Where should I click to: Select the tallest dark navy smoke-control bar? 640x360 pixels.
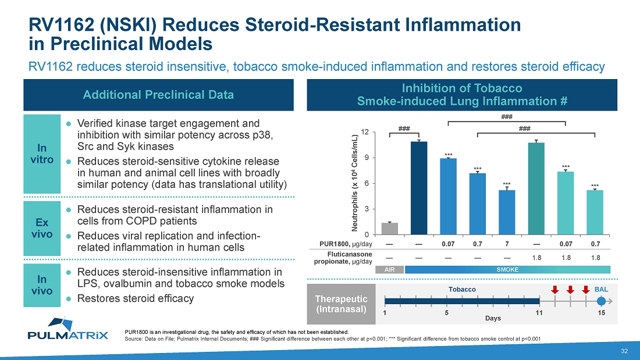pos(419,187)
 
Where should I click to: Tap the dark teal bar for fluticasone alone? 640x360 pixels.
pos(536,188)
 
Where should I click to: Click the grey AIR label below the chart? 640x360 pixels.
pos(389,270)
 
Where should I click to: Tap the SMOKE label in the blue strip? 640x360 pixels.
pos(507,270)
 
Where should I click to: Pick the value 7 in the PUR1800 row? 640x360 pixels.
pos(507,243)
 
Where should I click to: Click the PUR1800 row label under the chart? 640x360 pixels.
pos(348,243)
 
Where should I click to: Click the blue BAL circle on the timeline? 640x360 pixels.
pos(602,301)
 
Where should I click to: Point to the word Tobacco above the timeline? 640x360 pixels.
pos(463,289)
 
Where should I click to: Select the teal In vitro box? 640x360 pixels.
pos(42,154)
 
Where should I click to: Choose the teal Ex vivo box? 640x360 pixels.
pos(42,228)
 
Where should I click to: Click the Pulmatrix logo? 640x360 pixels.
pos(68,329)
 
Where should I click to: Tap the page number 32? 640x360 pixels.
pos(624,351)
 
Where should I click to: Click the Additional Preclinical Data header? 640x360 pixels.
pos(159,95)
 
